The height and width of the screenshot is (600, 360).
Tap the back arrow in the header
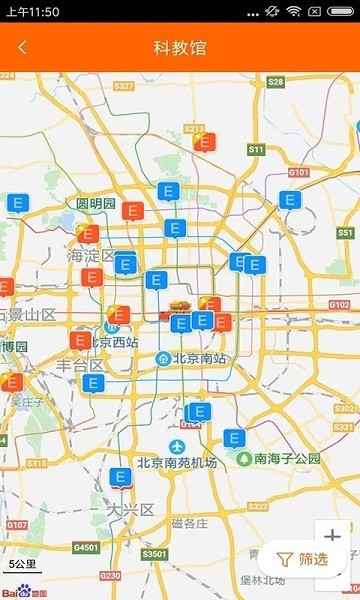[x=22, y=47]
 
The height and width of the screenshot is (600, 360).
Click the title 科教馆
[x=180, y=47]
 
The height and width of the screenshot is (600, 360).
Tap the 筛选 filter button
[x=302, y=559]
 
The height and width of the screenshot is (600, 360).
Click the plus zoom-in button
[x=333, y=536]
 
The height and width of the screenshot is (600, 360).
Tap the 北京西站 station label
[x=113, y=341]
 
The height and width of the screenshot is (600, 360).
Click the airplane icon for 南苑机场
[x=177, y=445]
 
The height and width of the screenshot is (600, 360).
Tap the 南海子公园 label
[x=287, y=458]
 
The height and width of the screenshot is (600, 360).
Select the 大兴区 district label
[x=133, y=509]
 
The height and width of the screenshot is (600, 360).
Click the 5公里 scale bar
[x=22, y=566]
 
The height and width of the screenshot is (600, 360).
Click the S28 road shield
[x=276, y=81]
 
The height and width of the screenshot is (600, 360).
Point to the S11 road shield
[x=256, y=149]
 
